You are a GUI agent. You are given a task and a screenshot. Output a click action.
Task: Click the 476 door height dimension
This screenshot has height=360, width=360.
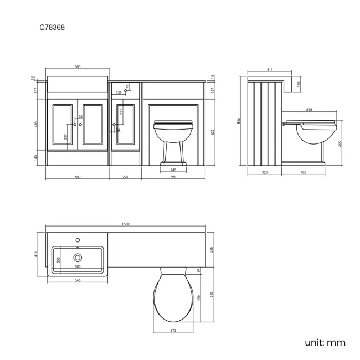point(34,125)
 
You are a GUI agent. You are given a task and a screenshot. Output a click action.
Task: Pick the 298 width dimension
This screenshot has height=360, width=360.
point(126,177)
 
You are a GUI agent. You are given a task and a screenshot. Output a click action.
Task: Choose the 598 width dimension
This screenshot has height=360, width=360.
point(173,177)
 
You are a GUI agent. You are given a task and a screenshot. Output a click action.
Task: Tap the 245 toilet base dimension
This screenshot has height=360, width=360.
point(173,169)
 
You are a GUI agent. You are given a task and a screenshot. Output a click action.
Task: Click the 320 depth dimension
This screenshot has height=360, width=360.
point(265,172)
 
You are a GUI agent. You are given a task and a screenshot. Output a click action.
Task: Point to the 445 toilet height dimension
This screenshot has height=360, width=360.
point(340,142)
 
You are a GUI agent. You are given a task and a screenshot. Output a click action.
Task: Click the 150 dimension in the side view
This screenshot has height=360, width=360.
point(300,84)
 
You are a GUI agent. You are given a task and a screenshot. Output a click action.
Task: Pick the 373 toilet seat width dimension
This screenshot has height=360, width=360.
point(173,331)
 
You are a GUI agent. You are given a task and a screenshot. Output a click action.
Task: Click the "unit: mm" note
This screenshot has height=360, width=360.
point(325,342)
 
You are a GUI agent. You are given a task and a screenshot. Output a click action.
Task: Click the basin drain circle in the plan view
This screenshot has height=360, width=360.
point(77,257)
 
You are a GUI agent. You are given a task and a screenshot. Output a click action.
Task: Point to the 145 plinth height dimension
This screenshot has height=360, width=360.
point(34,157)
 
